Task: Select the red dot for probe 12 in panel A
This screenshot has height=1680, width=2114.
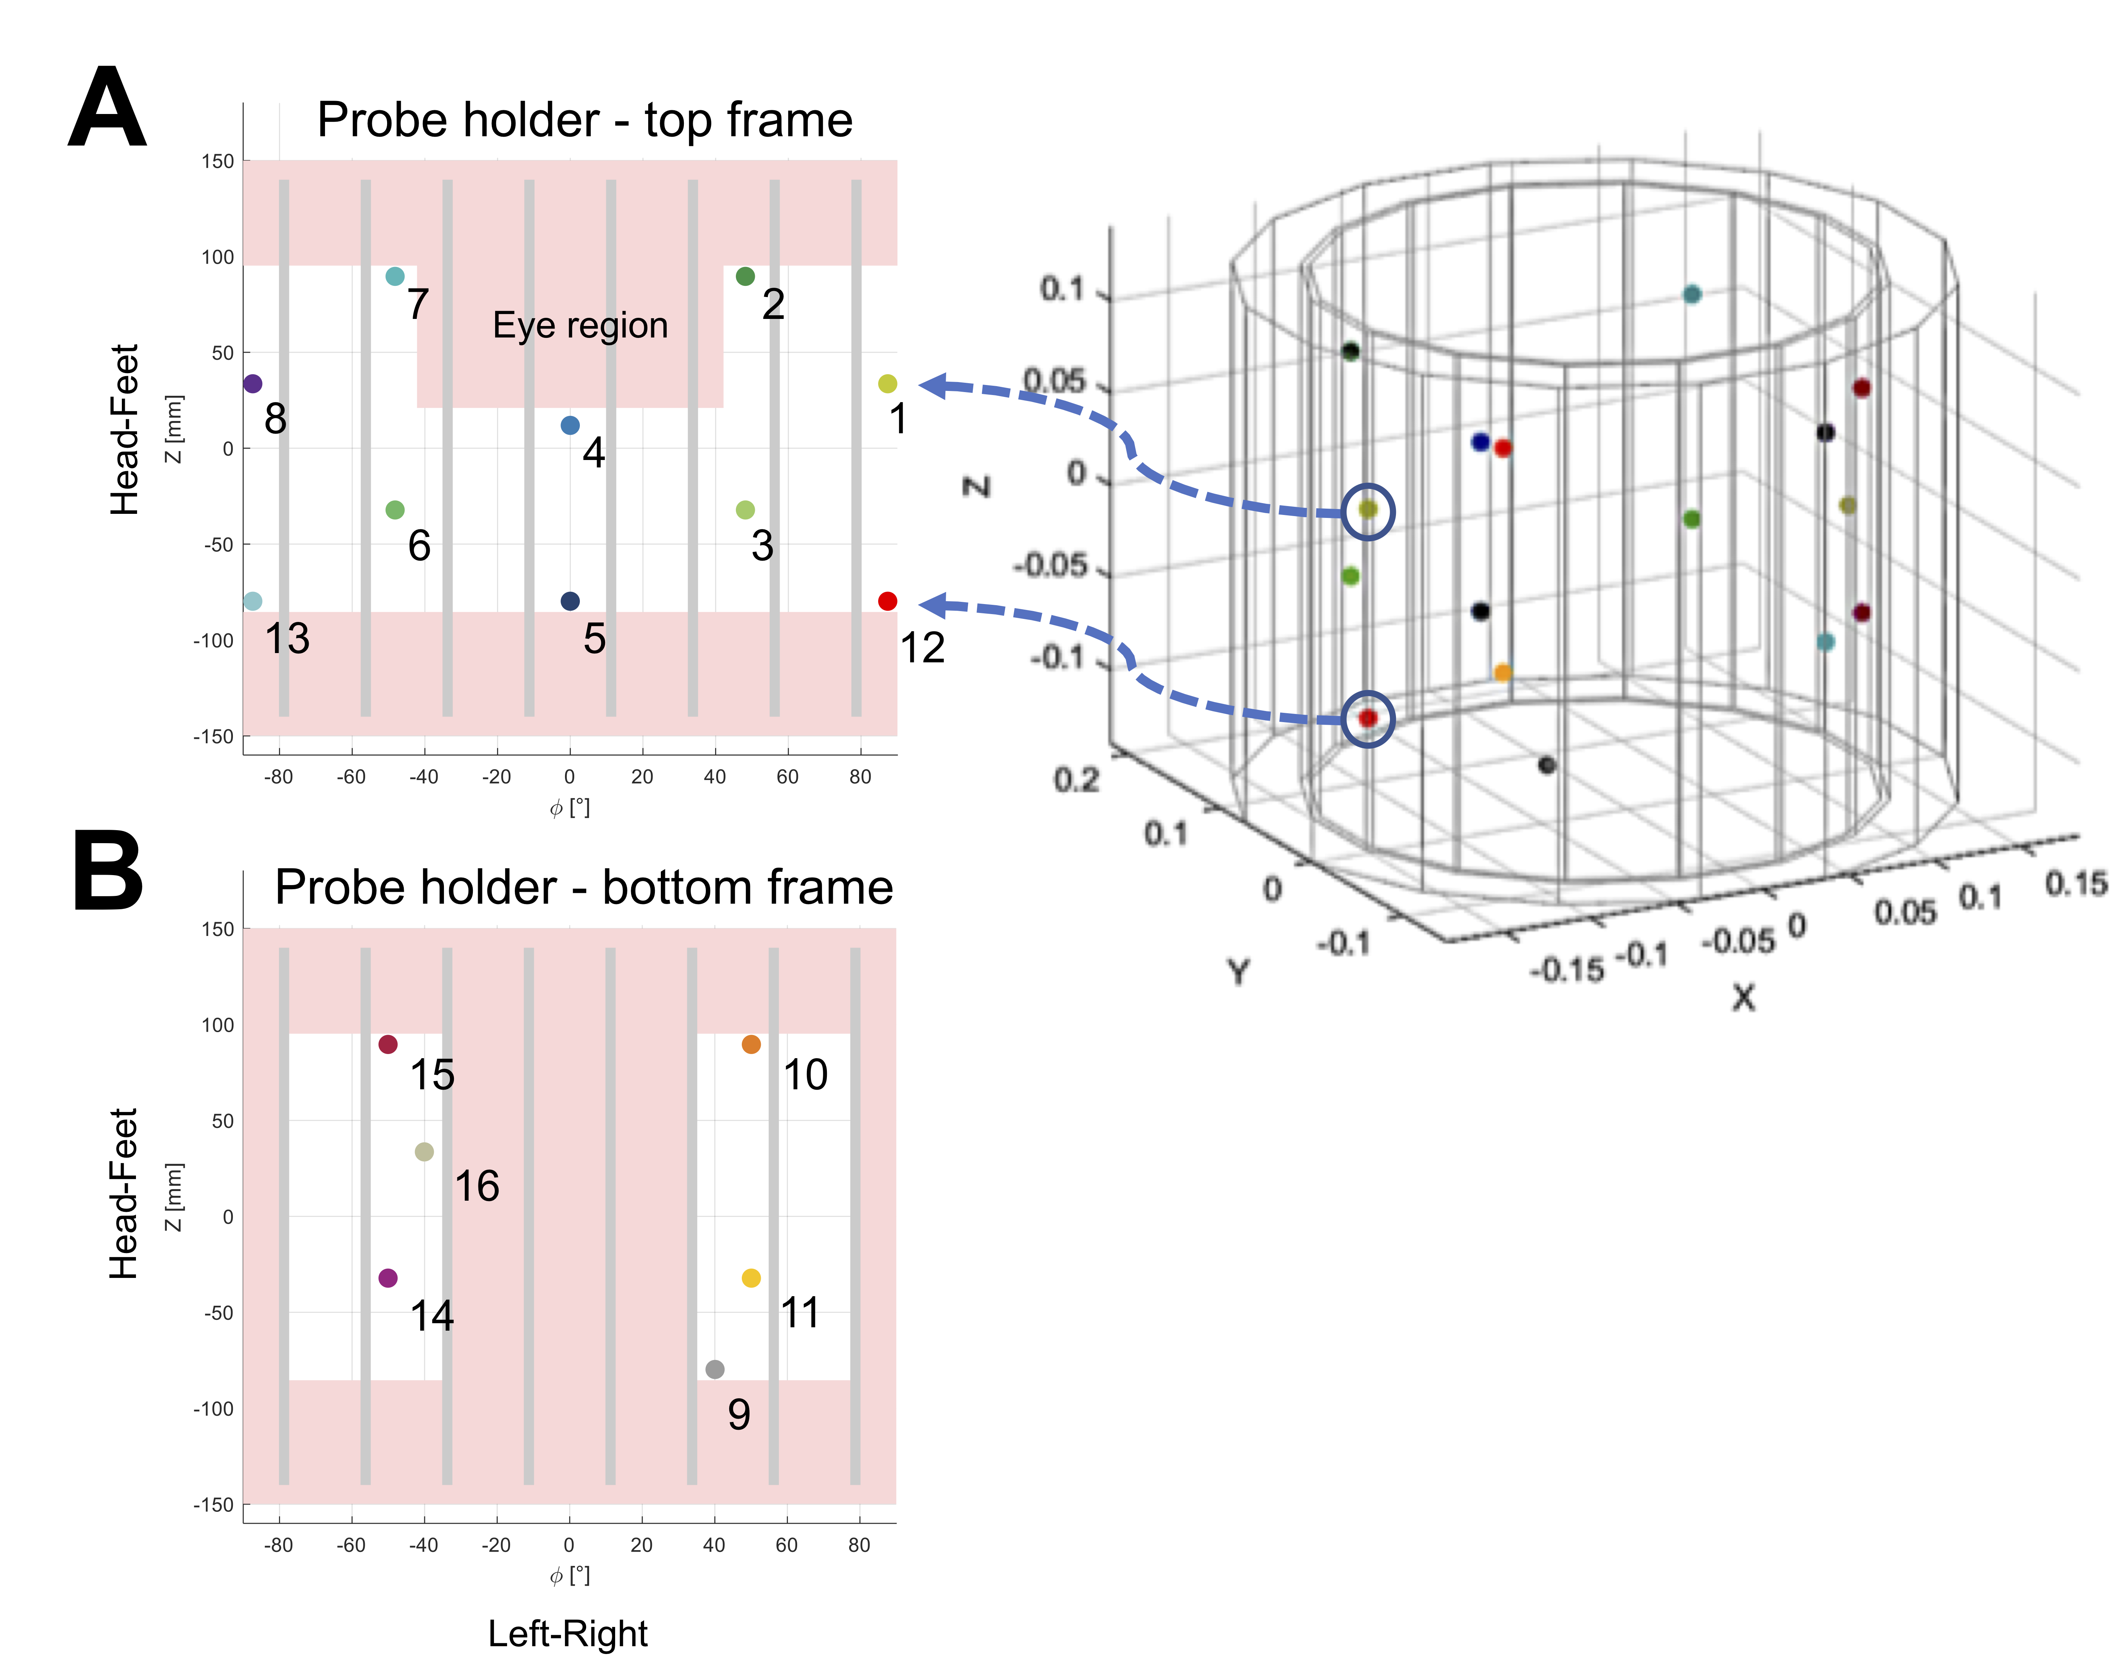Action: [887, 601]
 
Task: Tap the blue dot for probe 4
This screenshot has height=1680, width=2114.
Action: [570, 425]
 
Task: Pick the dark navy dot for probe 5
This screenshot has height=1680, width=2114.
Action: [570, 601]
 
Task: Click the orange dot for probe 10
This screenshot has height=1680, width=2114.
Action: [751, 1045]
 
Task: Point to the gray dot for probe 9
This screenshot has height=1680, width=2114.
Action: [715, 1369]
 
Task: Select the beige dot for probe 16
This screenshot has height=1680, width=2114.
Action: [425, 1152]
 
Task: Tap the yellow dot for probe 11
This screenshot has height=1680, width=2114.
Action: [751, 1278]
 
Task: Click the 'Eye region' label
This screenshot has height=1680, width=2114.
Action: [581, 325]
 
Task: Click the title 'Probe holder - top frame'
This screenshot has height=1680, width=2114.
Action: [585, 121]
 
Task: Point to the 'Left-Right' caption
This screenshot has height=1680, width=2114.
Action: [568, 1634]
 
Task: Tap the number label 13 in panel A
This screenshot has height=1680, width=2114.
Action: [287, 639]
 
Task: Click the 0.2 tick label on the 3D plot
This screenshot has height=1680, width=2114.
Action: [1077, 780]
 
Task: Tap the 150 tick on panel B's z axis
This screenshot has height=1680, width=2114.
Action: [218, 929]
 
